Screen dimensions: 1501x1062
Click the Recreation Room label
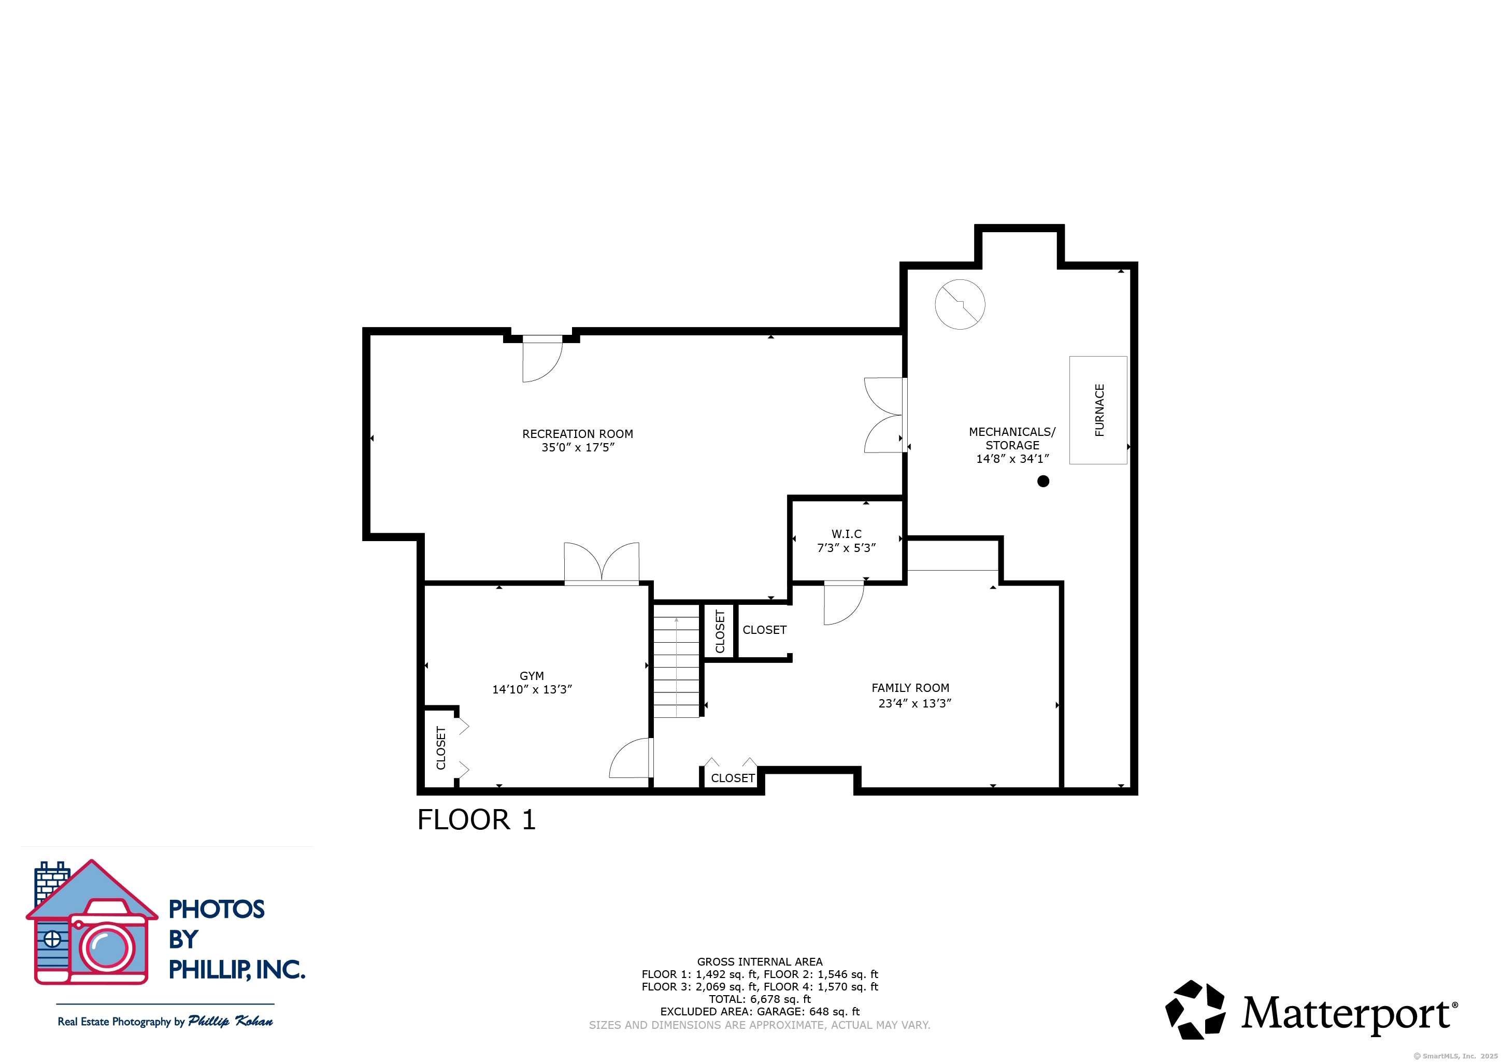pyautogui.click(x=577, y=434)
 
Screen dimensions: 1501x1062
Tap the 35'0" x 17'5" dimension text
pyautogui.click(x=577, y=447)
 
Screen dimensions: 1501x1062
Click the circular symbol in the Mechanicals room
pyautogui.click(x=960, y=304)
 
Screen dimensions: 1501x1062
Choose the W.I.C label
pyautogui.click(x=846, y=534)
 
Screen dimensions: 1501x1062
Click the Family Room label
pyautogui.click(x=910, y=687)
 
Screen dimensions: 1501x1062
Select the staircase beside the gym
pyautogui.click(x=677, y=660)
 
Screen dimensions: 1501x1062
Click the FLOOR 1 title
pyautogui.click(x=477, y=819)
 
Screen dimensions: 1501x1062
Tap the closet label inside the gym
pyautogui.click(x=440, y=747)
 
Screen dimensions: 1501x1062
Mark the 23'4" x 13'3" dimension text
pyautogui.click(x=914, y=703)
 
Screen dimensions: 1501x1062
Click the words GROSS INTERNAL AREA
pyautogui.click(x=760, y=961)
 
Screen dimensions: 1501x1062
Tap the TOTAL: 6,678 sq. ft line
pyautogui.click(x=760, y=999)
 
